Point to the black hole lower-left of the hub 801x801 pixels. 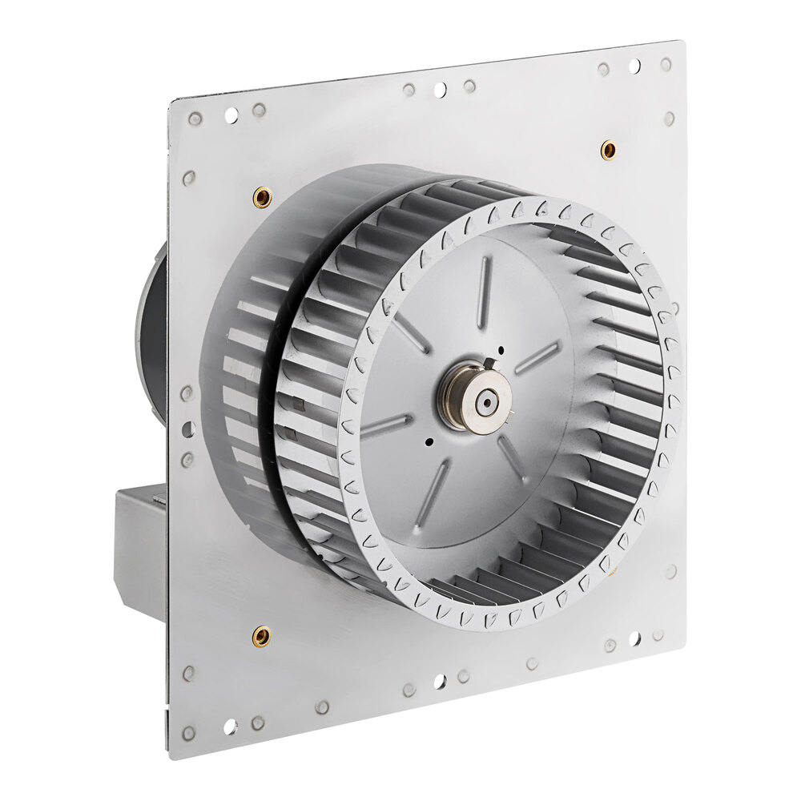429,441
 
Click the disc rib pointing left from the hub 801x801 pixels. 386,426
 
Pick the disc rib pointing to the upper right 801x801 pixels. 536,357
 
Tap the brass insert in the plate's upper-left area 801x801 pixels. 261,195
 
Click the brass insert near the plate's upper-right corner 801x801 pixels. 608,149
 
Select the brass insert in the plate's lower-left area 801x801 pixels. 260,637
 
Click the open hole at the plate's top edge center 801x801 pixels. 440,90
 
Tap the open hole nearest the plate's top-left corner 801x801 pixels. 231,115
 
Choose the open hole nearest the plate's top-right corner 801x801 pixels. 635,66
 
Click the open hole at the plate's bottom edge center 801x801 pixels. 438,682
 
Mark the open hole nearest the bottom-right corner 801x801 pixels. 634,638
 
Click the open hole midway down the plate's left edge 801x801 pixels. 187,429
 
